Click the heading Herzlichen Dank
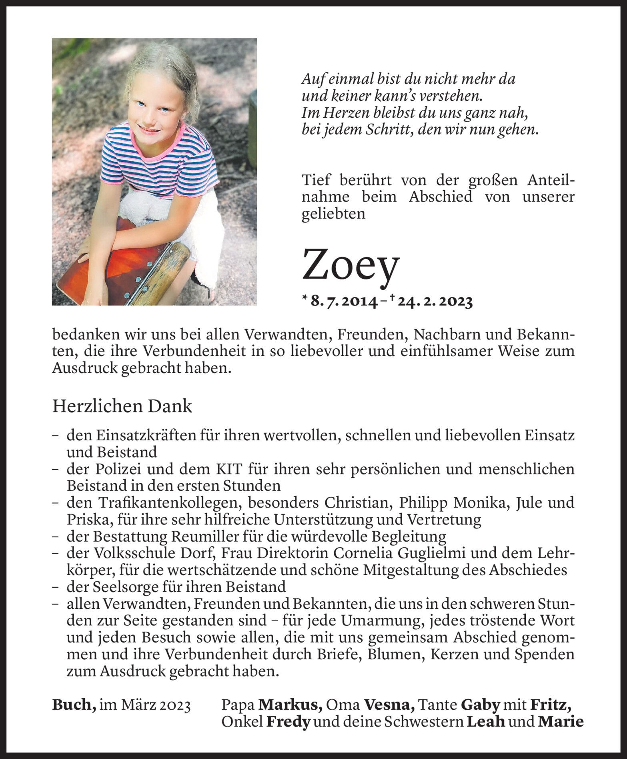[x=122, y=407]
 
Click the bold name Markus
[x=290, y=705]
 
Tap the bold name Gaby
[x=481, y=705]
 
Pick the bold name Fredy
[x=288, y=721]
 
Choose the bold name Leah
[x=486, y=721]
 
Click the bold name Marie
[x=561, y=721]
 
